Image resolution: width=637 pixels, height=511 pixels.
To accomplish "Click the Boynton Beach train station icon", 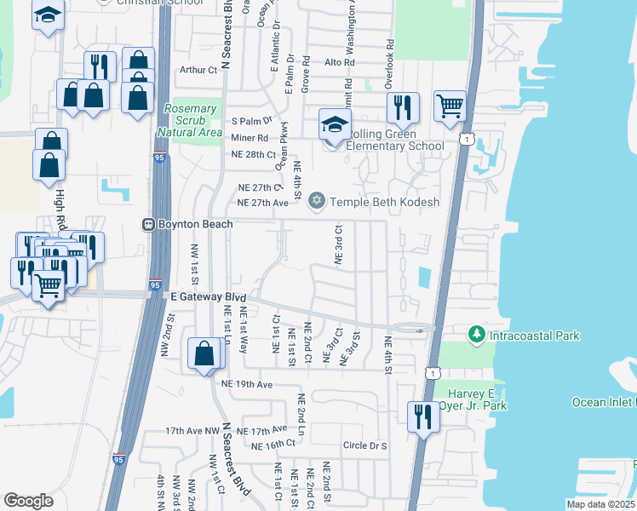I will pos(147,224).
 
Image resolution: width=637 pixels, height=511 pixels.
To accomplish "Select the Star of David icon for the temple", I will pos(318,202).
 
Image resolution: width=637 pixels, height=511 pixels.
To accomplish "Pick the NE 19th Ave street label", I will pos(246,385).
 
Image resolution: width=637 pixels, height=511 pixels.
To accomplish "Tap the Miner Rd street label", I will pos(250,137).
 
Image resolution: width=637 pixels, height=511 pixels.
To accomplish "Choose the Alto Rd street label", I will pos(339,63).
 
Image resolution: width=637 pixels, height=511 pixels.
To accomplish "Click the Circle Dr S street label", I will pos(364,445).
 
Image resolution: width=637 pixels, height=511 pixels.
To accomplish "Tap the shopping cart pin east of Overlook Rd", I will pos(450,106).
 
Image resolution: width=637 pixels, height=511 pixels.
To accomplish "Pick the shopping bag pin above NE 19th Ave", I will pos(205,353).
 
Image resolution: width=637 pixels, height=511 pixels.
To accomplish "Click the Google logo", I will pos(29,501).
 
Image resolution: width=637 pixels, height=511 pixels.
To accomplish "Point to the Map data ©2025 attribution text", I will pos(600,504).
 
